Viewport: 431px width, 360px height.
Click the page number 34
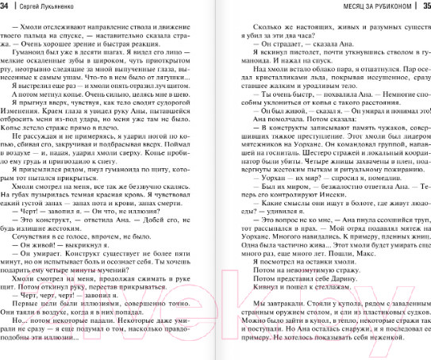[6, 6]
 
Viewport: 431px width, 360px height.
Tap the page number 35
[423, 6]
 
